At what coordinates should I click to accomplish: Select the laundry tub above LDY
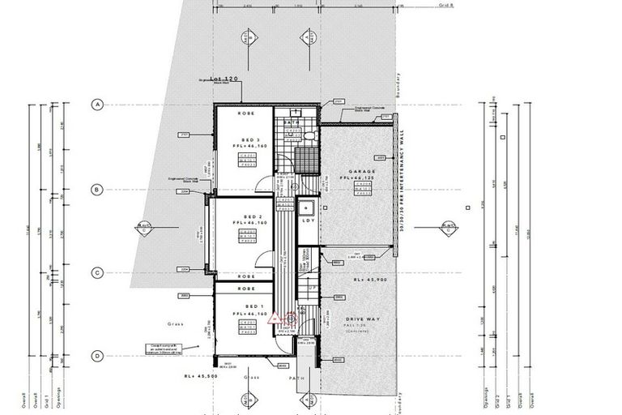pyautogui.click(x=309, y=205)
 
